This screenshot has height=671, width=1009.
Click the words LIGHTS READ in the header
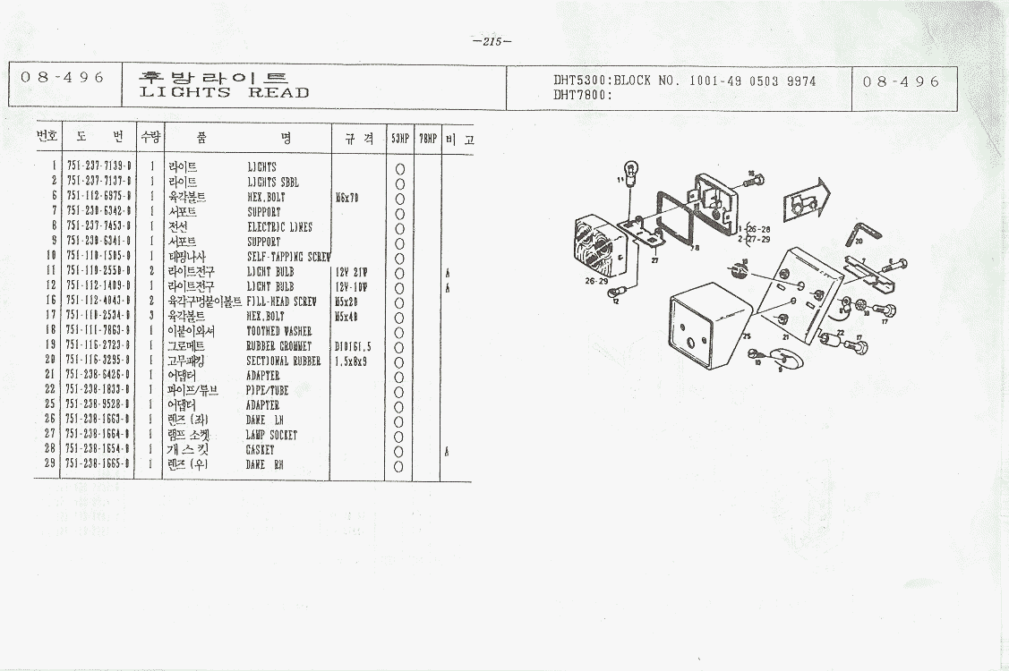point(225,93)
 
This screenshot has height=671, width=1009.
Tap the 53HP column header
point(399,139)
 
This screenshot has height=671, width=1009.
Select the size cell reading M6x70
point(346,197)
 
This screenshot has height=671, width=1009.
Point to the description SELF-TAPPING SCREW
point(288,257)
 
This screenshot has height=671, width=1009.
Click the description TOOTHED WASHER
point(279,331)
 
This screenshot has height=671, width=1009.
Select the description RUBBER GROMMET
point(278,346)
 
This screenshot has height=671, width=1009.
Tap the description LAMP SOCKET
point(271,436)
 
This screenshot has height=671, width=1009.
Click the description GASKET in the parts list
point(260,450)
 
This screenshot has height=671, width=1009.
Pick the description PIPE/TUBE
point(266,391)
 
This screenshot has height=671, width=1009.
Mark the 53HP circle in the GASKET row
point(399,450)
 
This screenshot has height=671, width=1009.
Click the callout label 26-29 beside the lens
point(595,281)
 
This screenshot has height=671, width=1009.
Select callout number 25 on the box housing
point(747,335)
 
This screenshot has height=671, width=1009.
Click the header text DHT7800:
point(582,94)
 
